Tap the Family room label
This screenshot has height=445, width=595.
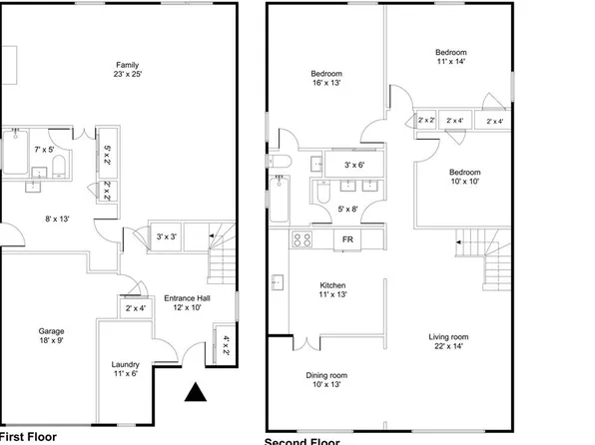126,70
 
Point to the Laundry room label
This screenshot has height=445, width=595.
126,369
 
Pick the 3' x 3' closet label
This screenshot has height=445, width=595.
167,236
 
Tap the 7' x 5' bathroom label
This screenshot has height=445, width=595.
43,149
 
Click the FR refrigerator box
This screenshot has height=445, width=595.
348,240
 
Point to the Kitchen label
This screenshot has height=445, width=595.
331,290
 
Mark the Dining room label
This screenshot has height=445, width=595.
326,380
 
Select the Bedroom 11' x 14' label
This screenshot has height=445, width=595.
451,57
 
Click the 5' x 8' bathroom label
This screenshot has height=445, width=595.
346,209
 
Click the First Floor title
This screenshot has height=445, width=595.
28,437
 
